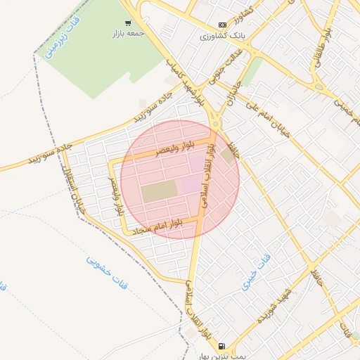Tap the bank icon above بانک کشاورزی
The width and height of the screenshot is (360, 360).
(x=222, y=25)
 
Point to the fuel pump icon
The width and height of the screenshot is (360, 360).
(x=222, y=346)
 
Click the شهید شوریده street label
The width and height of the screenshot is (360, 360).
(x=274, y=312)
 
